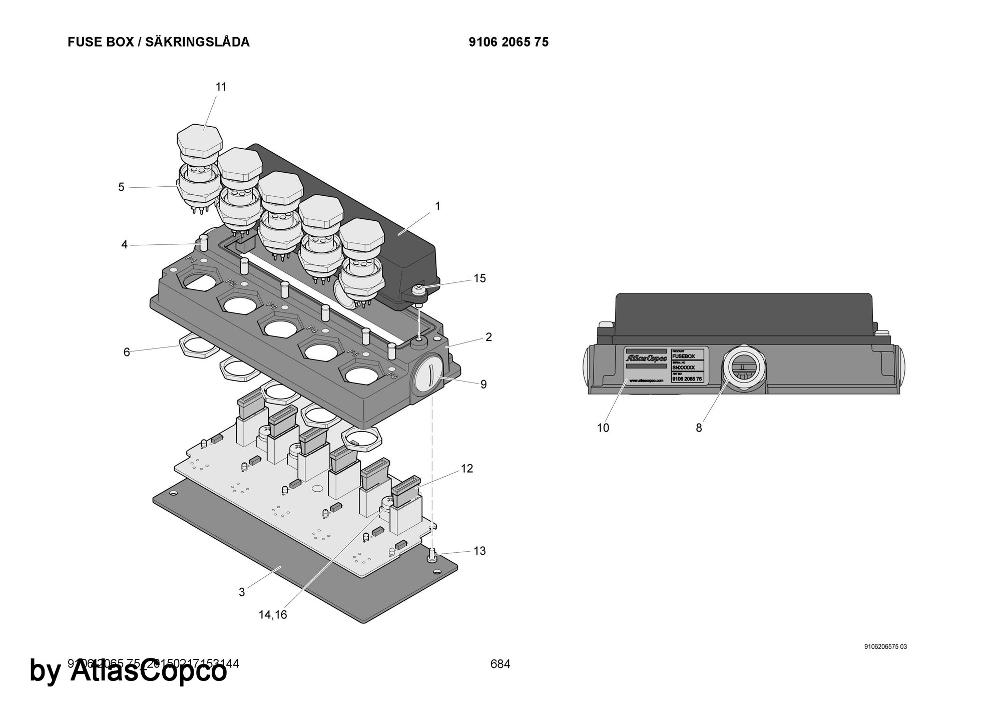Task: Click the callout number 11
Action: (x=221, y=87)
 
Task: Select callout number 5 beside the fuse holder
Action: (x=121, y=187)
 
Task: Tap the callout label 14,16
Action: (x=273, y=615)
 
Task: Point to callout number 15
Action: (x=479, y=278)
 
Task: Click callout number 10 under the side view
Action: (x=603, y=428)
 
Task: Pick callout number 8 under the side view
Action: (x=699, y=428)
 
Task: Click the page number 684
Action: (x=500, y=664)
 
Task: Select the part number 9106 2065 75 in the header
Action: (x=509, y=42)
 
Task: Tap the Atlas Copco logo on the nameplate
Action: (x=646, y=359)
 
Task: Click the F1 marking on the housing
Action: (x=191, y=260)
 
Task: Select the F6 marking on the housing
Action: (x=392, y=374)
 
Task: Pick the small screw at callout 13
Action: (x=432, y=553)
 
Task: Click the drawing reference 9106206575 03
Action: (x=885, y=646)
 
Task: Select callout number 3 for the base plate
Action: (x=242, y=592)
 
